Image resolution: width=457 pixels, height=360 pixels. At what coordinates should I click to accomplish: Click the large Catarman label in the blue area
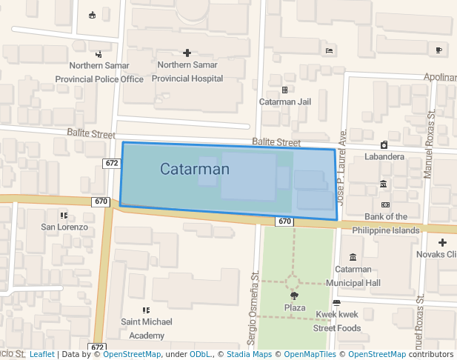(x=195, y=170)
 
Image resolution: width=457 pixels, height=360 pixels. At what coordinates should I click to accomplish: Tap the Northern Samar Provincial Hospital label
(x=190, y=71)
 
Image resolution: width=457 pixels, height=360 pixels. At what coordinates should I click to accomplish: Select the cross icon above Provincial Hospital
(x=187, y=53)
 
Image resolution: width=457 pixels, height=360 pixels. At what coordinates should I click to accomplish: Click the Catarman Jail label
(x=284, y=101)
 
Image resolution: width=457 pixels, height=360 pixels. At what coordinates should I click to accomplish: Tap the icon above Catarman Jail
(x=284, y=90)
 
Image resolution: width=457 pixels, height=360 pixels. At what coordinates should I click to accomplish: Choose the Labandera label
(x=384, y=156)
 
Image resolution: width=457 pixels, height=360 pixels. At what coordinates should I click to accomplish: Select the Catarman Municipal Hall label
(x=358, y=276)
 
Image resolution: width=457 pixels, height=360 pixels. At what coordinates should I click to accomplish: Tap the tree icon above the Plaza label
(x=295, y=296)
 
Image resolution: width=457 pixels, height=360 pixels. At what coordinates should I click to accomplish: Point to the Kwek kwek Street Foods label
(x=337, y=321)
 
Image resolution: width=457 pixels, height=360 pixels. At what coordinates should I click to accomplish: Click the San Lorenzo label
(x=64, y=227)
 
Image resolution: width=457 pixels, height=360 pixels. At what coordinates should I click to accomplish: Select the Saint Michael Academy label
(x=147, y=328)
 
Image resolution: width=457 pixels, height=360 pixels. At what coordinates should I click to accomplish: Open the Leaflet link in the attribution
(x=41, y=355)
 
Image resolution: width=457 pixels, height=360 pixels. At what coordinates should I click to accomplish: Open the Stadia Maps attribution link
(x=248, y=355)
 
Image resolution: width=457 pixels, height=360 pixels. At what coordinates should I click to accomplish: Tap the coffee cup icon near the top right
(x=439, y=50)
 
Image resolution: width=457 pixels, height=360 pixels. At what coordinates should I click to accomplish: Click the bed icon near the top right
(x=329, y=50)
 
